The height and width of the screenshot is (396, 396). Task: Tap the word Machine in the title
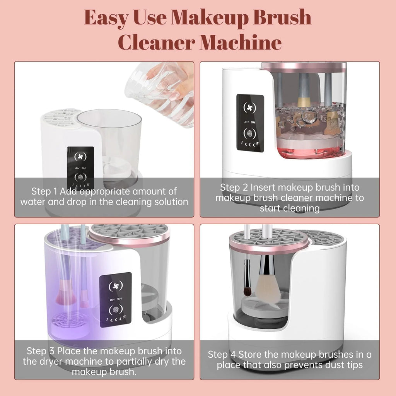242,42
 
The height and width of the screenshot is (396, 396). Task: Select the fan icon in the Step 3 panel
115,287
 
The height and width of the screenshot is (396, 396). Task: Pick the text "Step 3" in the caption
41,351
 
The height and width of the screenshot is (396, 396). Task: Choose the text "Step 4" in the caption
222,354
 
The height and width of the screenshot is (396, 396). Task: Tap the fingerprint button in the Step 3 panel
115,309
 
